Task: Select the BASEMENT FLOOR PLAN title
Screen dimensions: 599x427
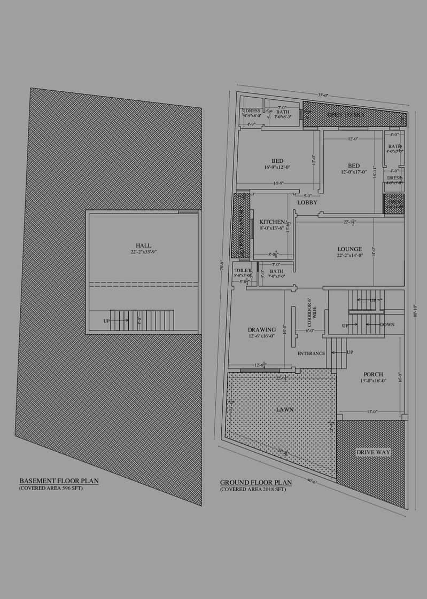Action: [59, 480]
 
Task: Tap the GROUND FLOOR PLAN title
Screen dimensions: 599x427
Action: [256, 482]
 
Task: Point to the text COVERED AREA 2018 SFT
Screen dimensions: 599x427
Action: [253, 489]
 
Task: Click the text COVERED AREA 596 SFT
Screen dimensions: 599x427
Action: [51, 488]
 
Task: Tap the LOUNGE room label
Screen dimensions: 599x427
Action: [350, 249]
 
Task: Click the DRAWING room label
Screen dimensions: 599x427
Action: [262, 329]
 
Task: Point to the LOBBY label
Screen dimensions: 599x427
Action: [307, 202]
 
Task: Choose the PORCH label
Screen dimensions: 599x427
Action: [373, 374]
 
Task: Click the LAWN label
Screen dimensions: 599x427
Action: [285, 409]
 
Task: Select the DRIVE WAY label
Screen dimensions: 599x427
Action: [373, 452]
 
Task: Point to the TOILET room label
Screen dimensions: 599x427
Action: [242, 271]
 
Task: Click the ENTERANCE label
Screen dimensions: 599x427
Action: [311, 353]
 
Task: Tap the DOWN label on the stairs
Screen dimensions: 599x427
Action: [387, 325]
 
